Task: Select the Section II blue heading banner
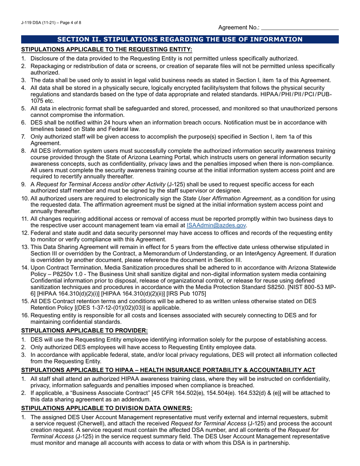click(x=180, y=39)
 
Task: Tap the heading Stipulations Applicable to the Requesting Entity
click(x=106, y=49)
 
